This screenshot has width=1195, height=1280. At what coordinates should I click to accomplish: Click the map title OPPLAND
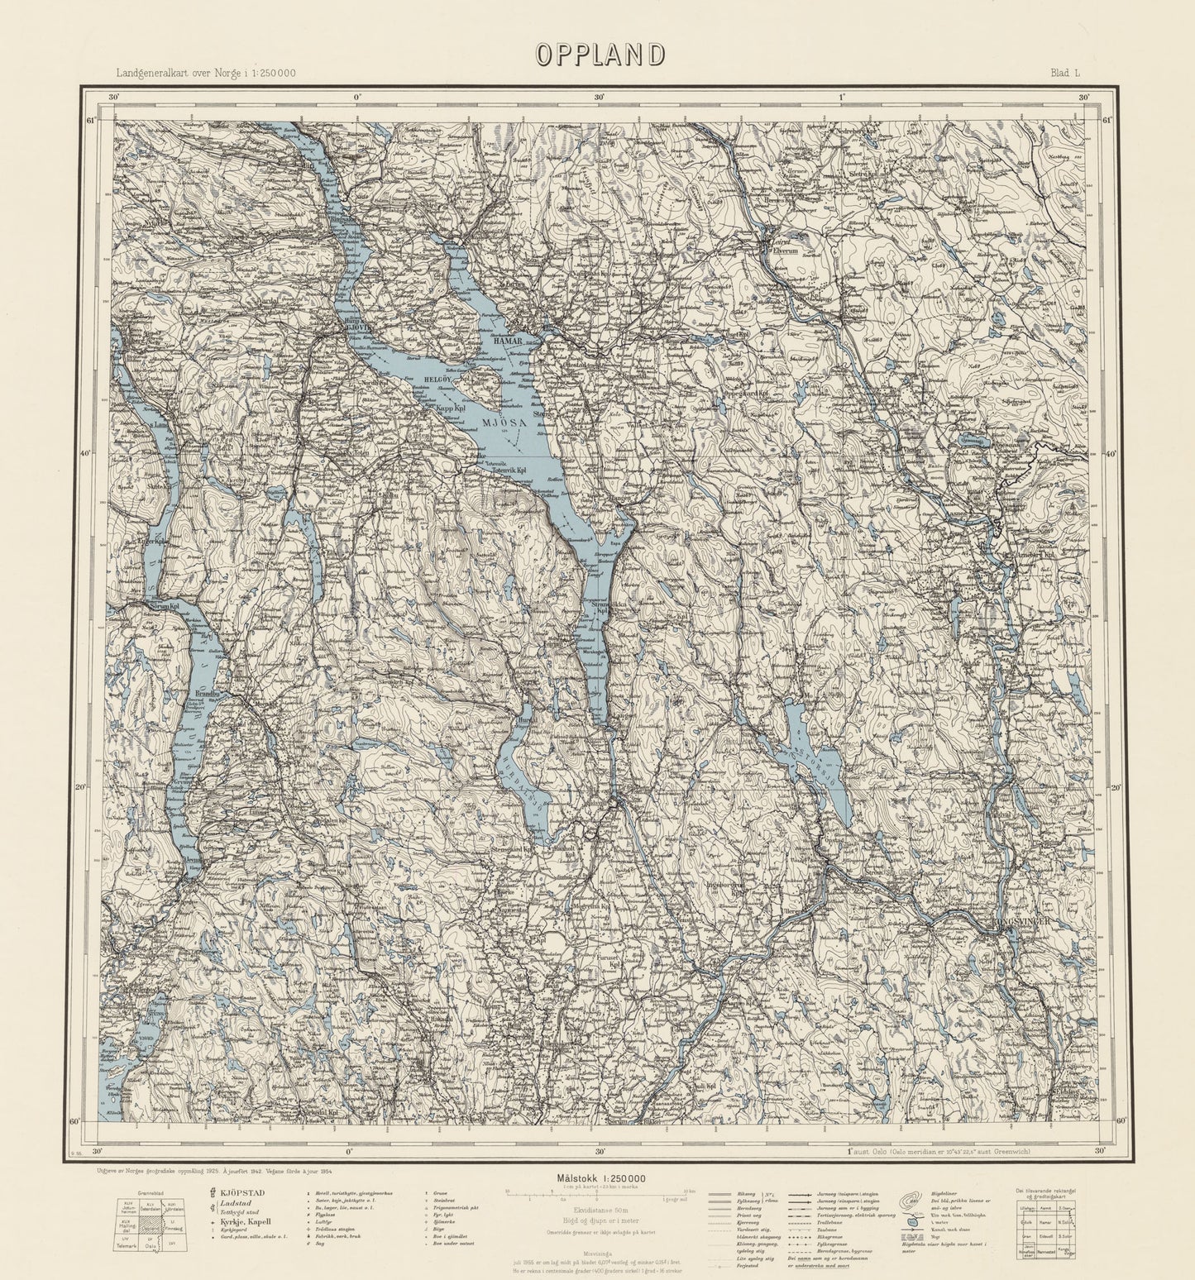600,54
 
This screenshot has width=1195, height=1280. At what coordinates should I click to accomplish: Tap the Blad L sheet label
1065,73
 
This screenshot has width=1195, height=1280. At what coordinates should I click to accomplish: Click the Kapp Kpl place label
440,408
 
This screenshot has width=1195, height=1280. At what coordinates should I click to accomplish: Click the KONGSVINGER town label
1021,920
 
